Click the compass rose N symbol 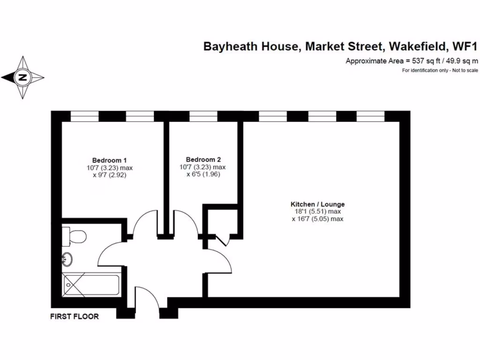(x=22, y=78)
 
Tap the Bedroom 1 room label (x=109, y=159)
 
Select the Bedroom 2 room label (x=203, y=159)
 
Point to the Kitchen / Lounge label (x=318, y=204)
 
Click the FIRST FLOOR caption (x=75, y=316)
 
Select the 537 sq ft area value (x=421, y=60)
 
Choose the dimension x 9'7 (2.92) (x=109, y=174)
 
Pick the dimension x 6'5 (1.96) (x=203, y=174)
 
